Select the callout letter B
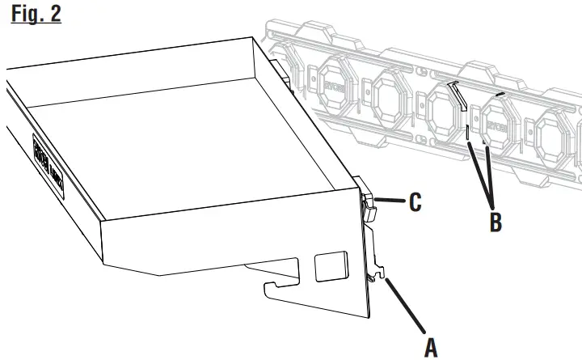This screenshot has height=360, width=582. tap(495, 221)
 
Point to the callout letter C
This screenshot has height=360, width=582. tap(415, 202)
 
